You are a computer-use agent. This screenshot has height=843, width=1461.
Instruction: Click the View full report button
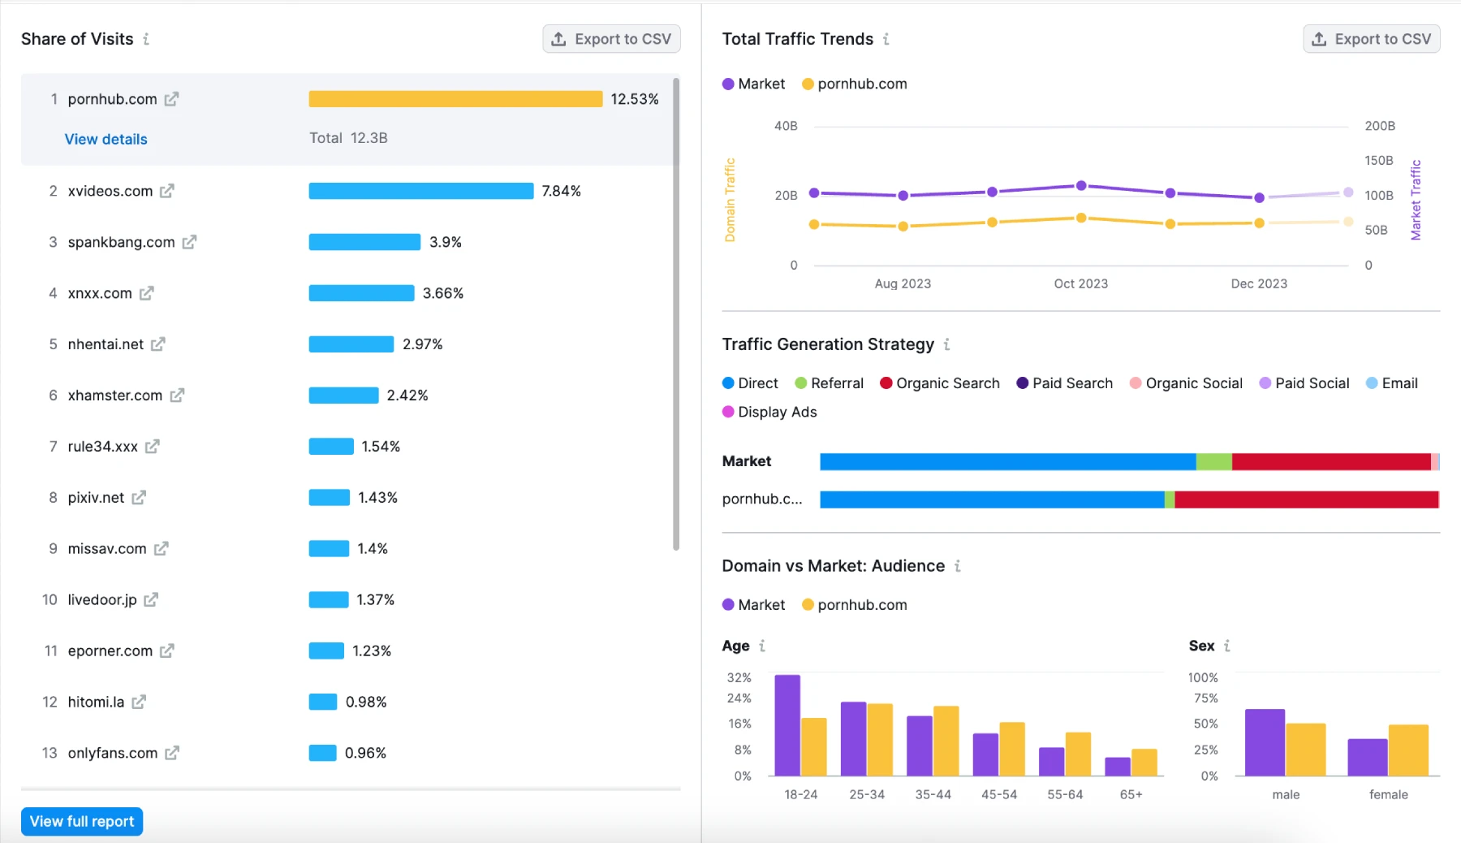82,821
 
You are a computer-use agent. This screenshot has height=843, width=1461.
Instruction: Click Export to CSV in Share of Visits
611,39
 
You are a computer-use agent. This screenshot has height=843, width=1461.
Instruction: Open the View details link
106,139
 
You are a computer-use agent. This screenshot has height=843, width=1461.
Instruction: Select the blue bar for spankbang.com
364,242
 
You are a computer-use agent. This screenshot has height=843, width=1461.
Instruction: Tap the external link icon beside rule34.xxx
153,446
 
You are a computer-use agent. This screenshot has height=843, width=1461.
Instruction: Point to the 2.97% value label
422,344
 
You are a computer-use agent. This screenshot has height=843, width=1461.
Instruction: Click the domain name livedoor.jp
102,599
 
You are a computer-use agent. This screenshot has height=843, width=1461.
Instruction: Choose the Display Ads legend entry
777,412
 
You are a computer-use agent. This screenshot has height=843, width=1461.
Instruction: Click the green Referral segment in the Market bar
1213,461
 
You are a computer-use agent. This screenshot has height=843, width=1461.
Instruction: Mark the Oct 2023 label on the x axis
1080,283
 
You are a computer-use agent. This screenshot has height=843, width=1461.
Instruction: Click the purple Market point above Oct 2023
1081,185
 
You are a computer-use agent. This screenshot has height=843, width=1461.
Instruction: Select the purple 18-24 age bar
787,724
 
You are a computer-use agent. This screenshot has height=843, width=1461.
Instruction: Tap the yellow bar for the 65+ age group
1144,762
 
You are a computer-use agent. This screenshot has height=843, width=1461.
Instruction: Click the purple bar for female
1368,757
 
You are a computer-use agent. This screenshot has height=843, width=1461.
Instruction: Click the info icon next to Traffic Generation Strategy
946,344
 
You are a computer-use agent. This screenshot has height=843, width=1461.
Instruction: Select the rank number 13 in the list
50,753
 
